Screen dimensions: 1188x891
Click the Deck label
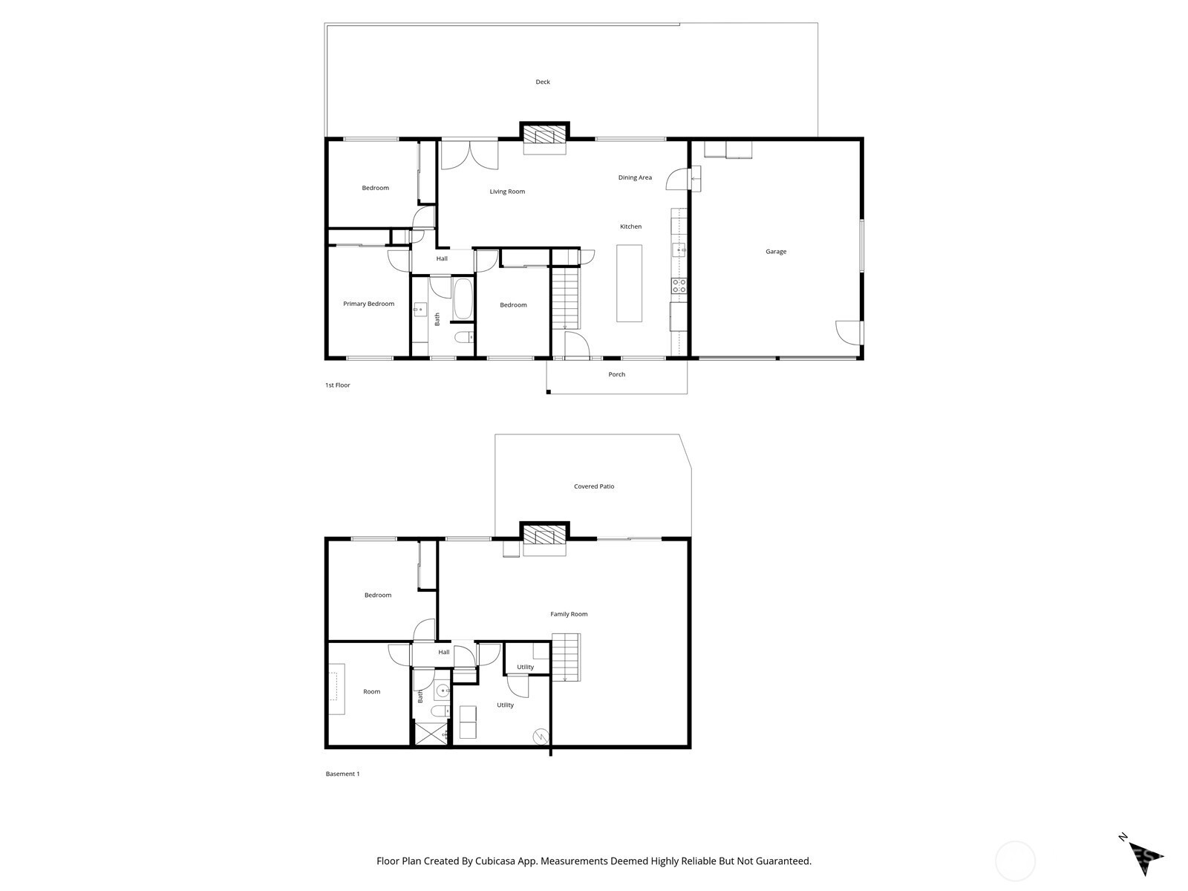[542, 82]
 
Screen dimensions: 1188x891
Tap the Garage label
[776, 252]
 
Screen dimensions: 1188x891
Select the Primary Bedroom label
[368, 304]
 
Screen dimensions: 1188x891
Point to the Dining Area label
[635, 177]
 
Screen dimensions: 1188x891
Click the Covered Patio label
[594, 486]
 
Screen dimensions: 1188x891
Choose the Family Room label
[569, 614]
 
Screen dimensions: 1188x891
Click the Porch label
[616, 374]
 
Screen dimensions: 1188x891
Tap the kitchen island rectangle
[630, 284]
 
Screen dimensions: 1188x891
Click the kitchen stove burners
[679, 286]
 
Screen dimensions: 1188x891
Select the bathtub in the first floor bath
[463, 298]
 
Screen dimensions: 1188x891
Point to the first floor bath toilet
[464, 338]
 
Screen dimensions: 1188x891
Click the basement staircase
[566, 657]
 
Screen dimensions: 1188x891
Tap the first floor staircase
[566, 298]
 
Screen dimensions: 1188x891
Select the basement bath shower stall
[431, 732]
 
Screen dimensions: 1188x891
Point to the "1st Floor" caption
[338, 385]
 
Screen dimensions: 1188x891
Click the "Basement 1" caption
[342, 774]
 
